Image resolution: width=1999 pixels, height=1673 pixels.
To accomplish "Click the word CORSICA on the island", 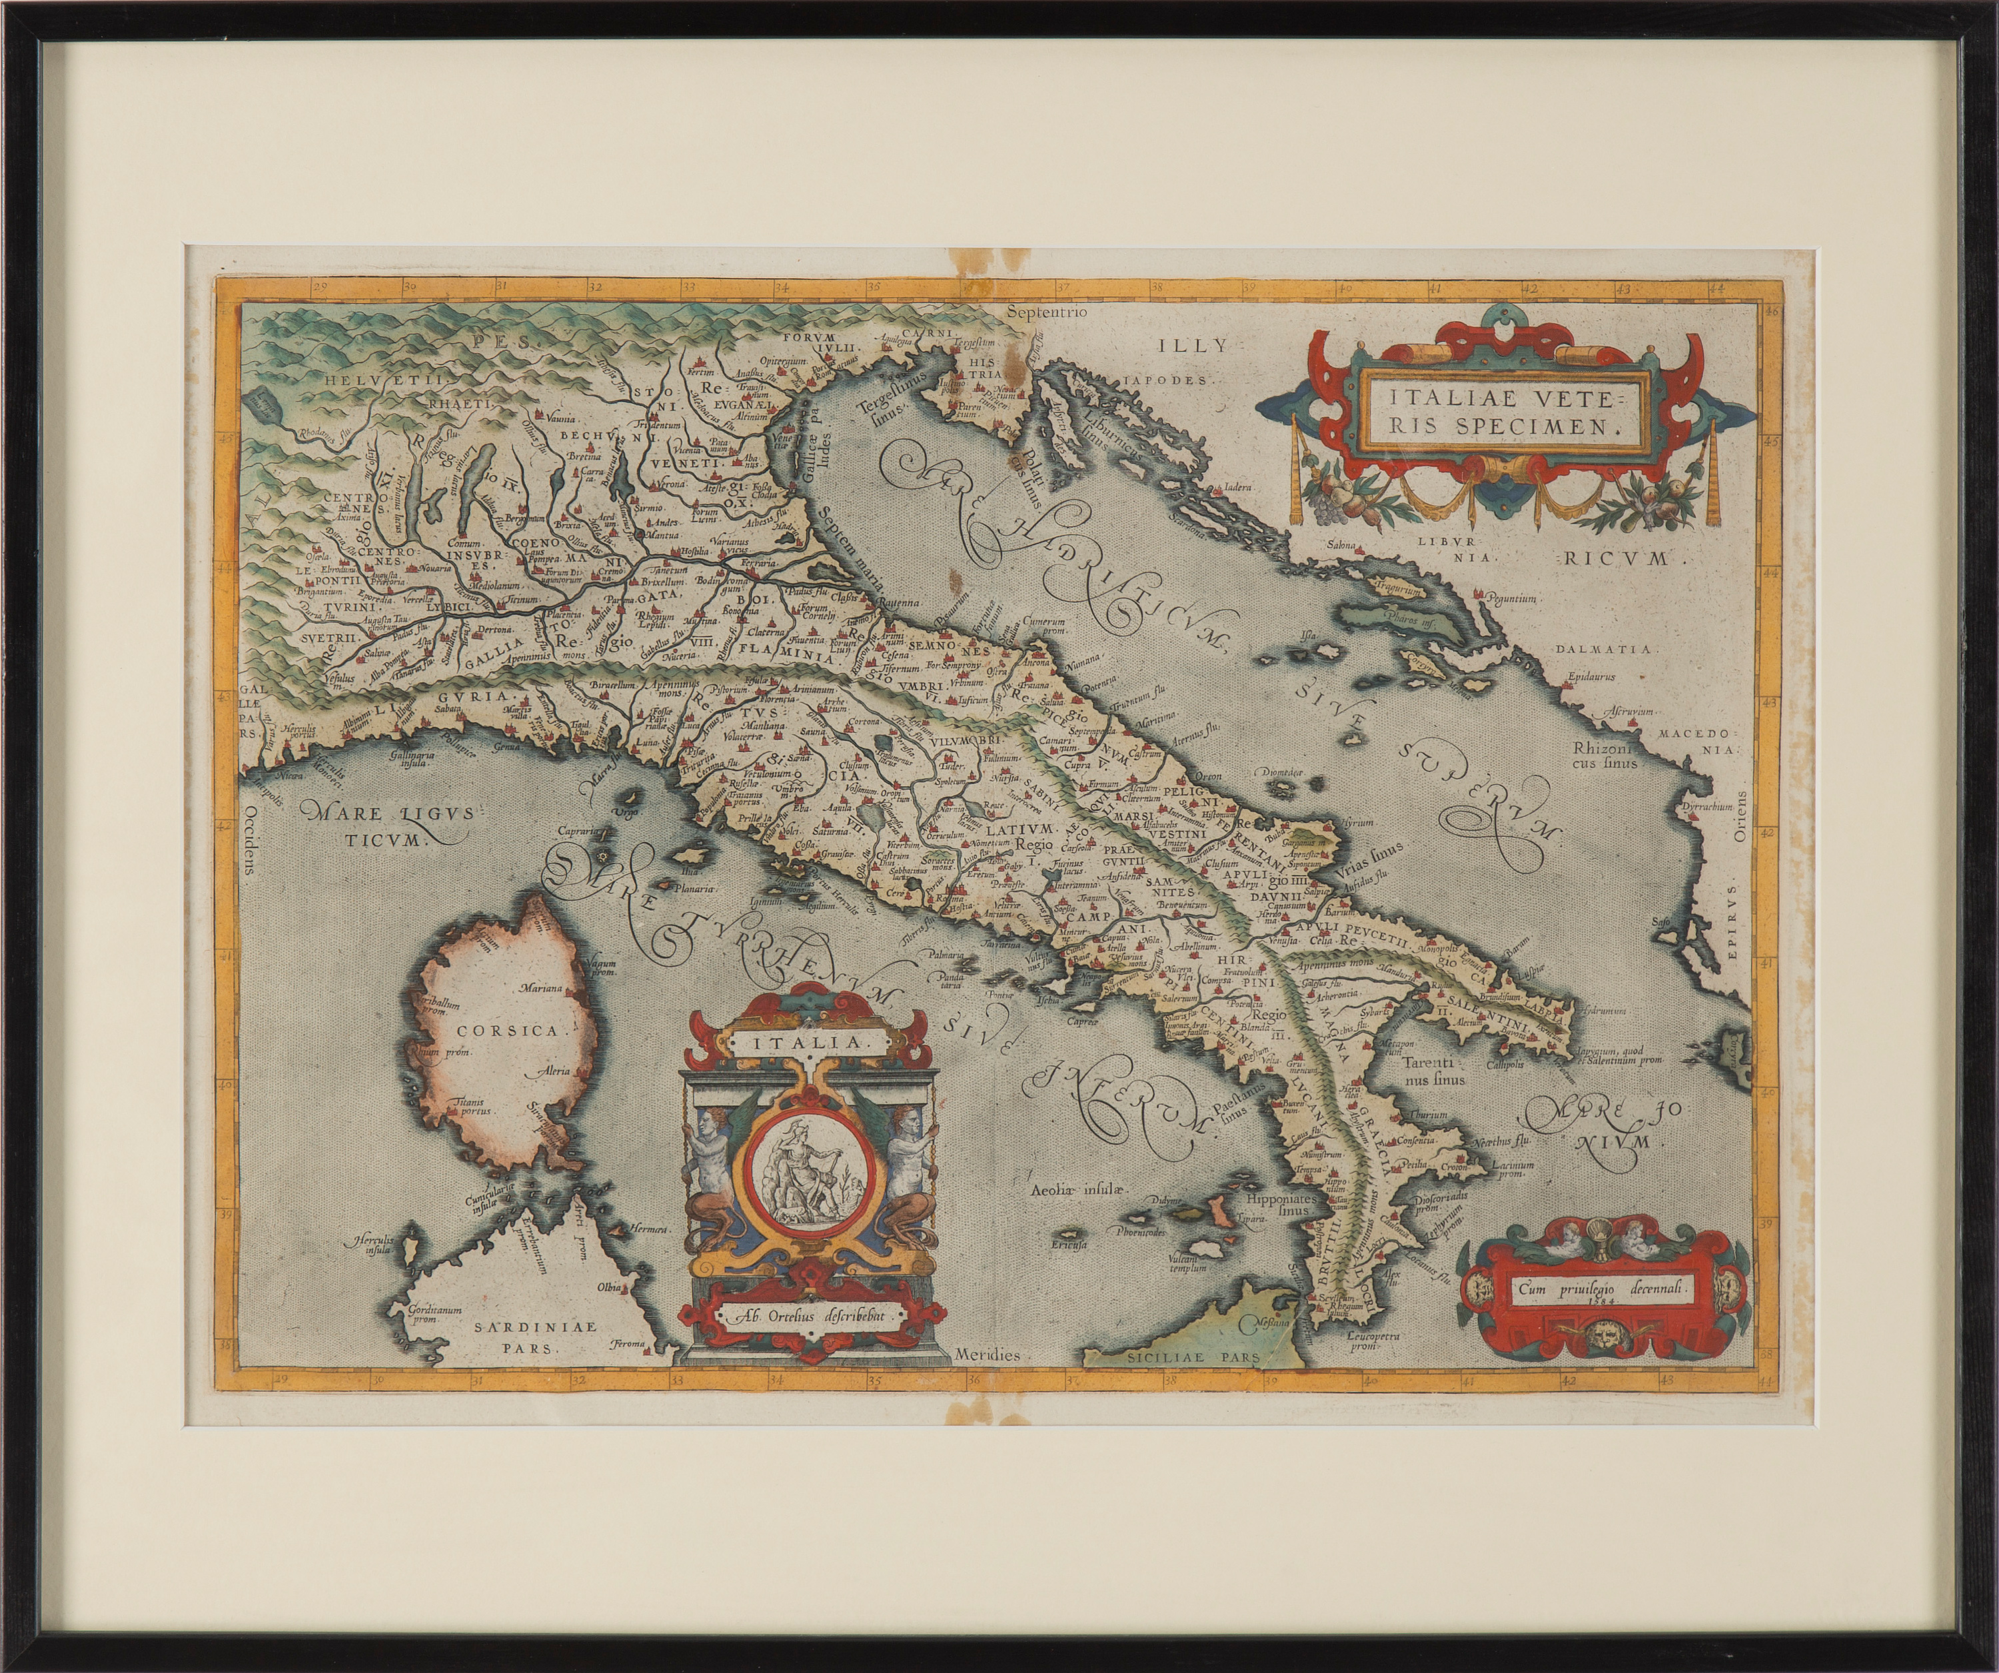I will tap(498, 1029).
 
